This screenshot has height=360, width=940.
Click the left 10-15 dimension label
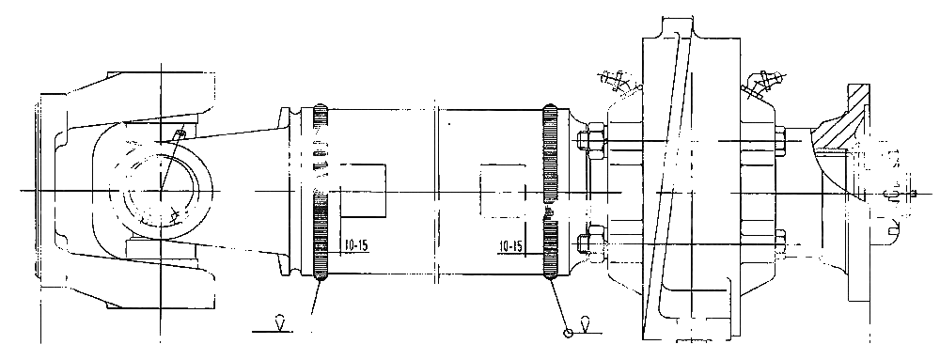point(355,245)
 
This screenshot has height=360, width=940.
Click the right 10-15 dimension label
point(510,245)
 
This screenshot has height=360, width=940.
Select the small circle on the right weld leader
point(569,333)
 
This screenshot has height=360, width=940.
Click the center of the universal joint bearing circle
point(161,191)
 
